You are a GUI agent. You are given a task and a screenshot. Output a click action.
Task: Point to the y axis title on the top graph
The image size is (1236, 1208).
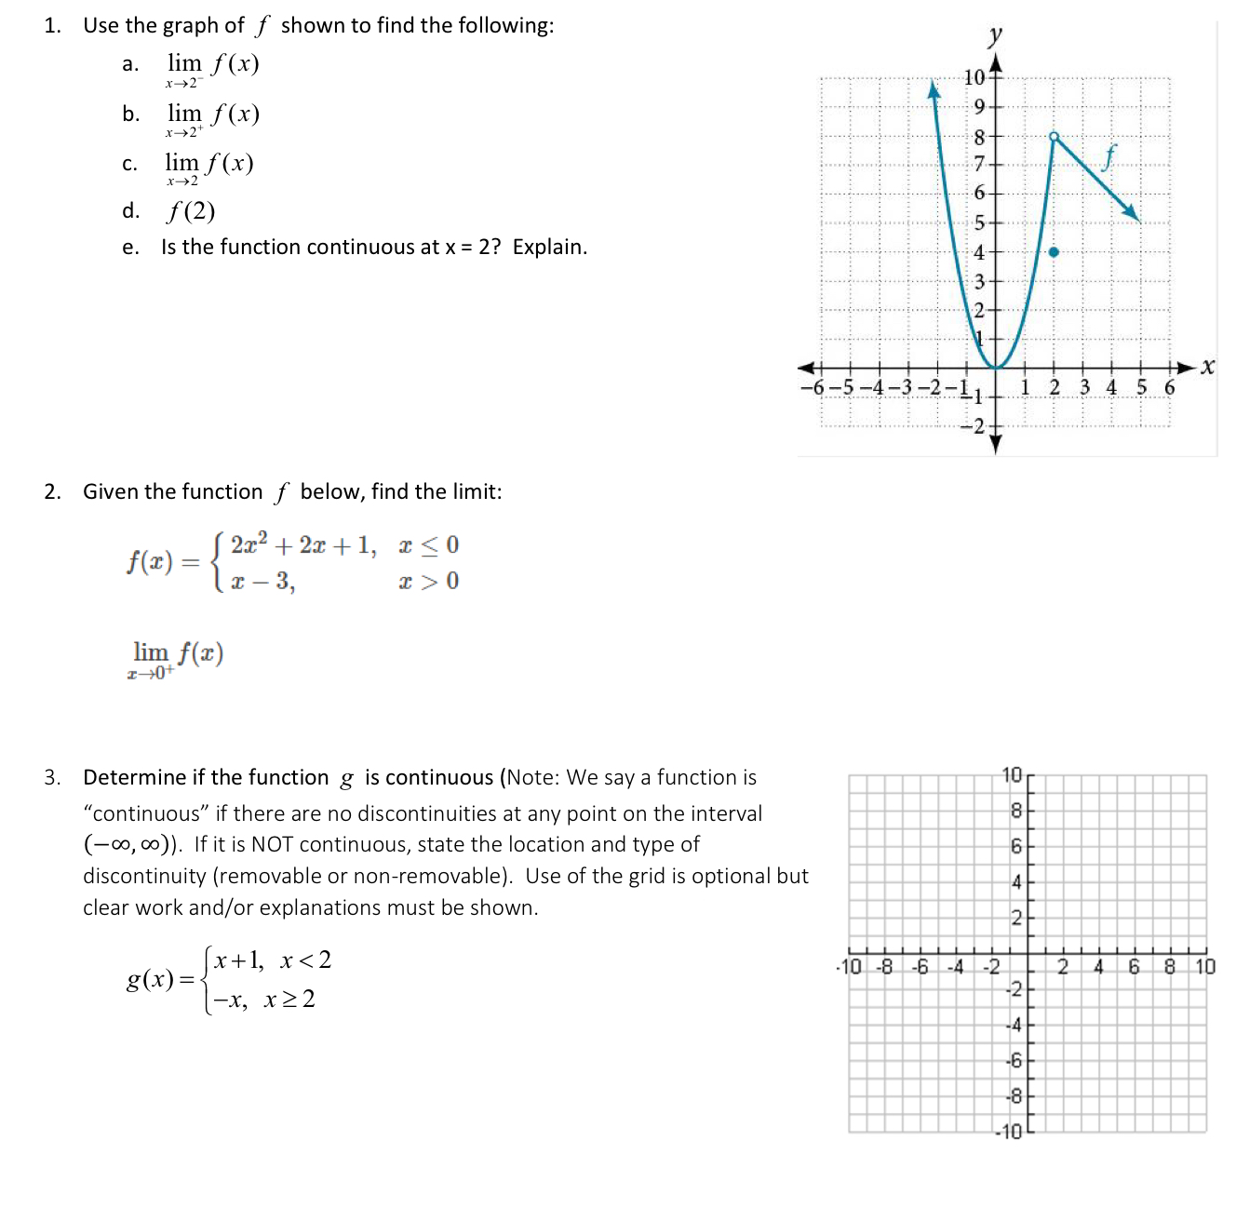point(995,35)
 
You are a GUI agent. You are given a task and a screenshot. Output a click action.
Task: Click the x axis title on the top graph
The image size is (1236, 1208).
point(1207,367)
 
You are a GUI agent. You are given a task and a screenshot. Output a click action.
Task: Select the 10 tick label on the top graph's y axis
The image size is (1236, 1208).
point(974,77)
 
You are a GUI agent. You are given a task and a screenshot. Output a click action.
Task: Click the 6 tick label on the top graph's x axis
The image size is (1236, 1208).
point(1170,387)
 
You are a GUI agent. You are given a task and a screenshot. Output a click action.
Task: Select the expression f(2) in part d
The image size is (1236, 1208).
point(191,211)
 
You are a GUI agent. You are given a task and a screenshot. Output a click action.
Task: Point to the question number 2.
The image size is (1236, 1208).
point(52,491)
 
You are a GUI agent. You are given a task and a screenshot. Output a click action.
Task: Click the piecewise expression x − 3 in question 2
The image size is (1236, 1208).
point(262,582)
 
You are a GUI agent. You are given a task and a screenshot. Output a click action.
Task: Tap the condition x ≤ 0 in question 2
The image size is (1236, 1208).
point(428,545)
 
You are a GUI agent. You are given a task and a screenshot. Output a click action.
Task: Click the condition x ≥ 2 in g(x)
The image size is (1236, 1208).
point(289,1000)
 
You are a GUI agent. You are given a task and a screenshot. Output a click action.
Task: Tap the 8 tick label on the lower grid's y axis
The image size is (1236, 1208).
point(1015,811)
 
